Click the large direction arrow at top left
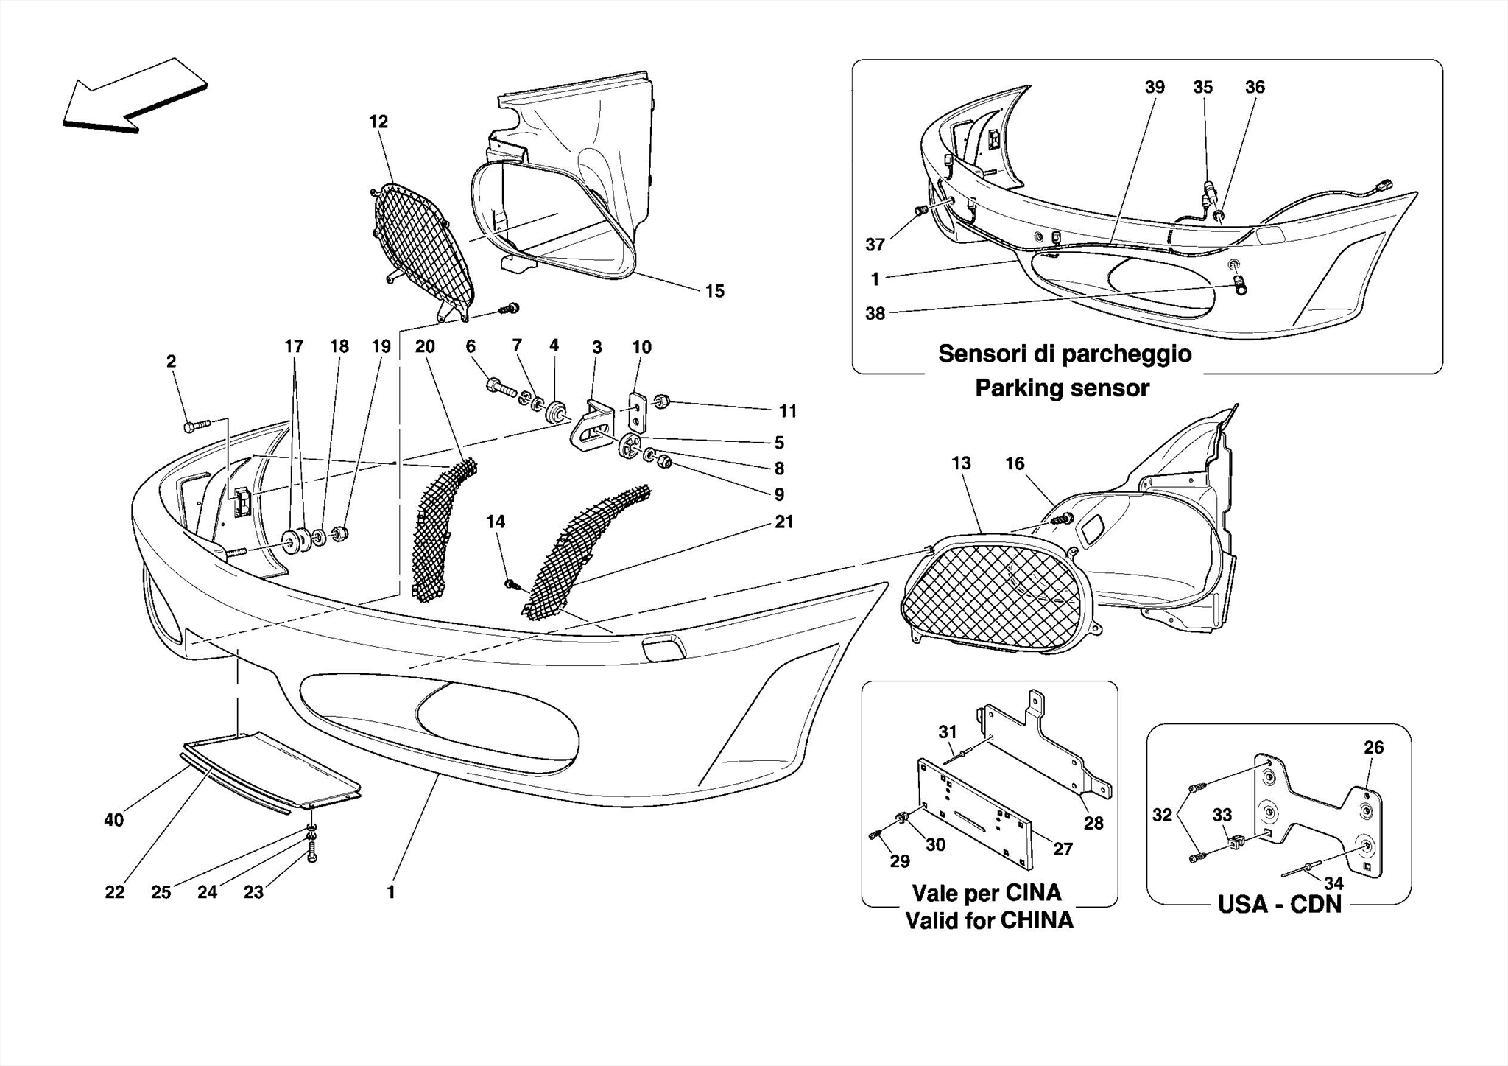point(133,96)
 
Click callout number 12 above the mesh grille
point(378,122)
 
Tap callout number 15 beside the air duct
point(714,291)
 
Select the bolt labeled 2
point(195,425)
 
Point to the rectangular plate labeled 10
point(637,413)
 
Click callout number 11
point(788,411)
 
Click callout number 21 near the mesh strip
point(784,522)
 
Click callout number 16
point(1015,463)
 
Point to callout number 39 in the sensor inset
point(1155,87)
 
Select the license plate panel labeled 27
point(976,814)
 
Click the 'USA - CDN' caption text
point(1279,904)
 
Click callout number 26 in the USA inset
point(1373,748)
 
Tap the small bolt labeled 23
point(311,856)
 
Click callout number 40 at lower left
point(114,819)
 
